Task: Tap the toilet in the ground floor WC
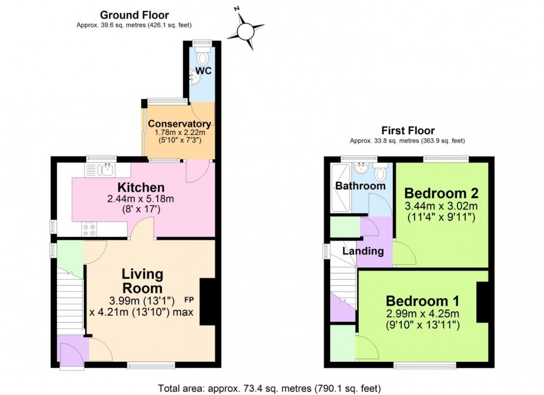203,57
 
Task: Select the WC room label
203,72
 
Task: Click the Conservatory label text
179,123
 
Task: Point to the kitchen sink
107,170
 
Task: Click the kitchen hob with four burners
89,229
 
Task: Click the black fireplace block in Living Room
207,301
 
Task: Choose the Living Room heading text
143,281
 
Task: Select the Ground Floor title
134,15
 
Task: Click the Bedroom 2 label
441,194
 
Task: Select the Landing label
363,251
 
